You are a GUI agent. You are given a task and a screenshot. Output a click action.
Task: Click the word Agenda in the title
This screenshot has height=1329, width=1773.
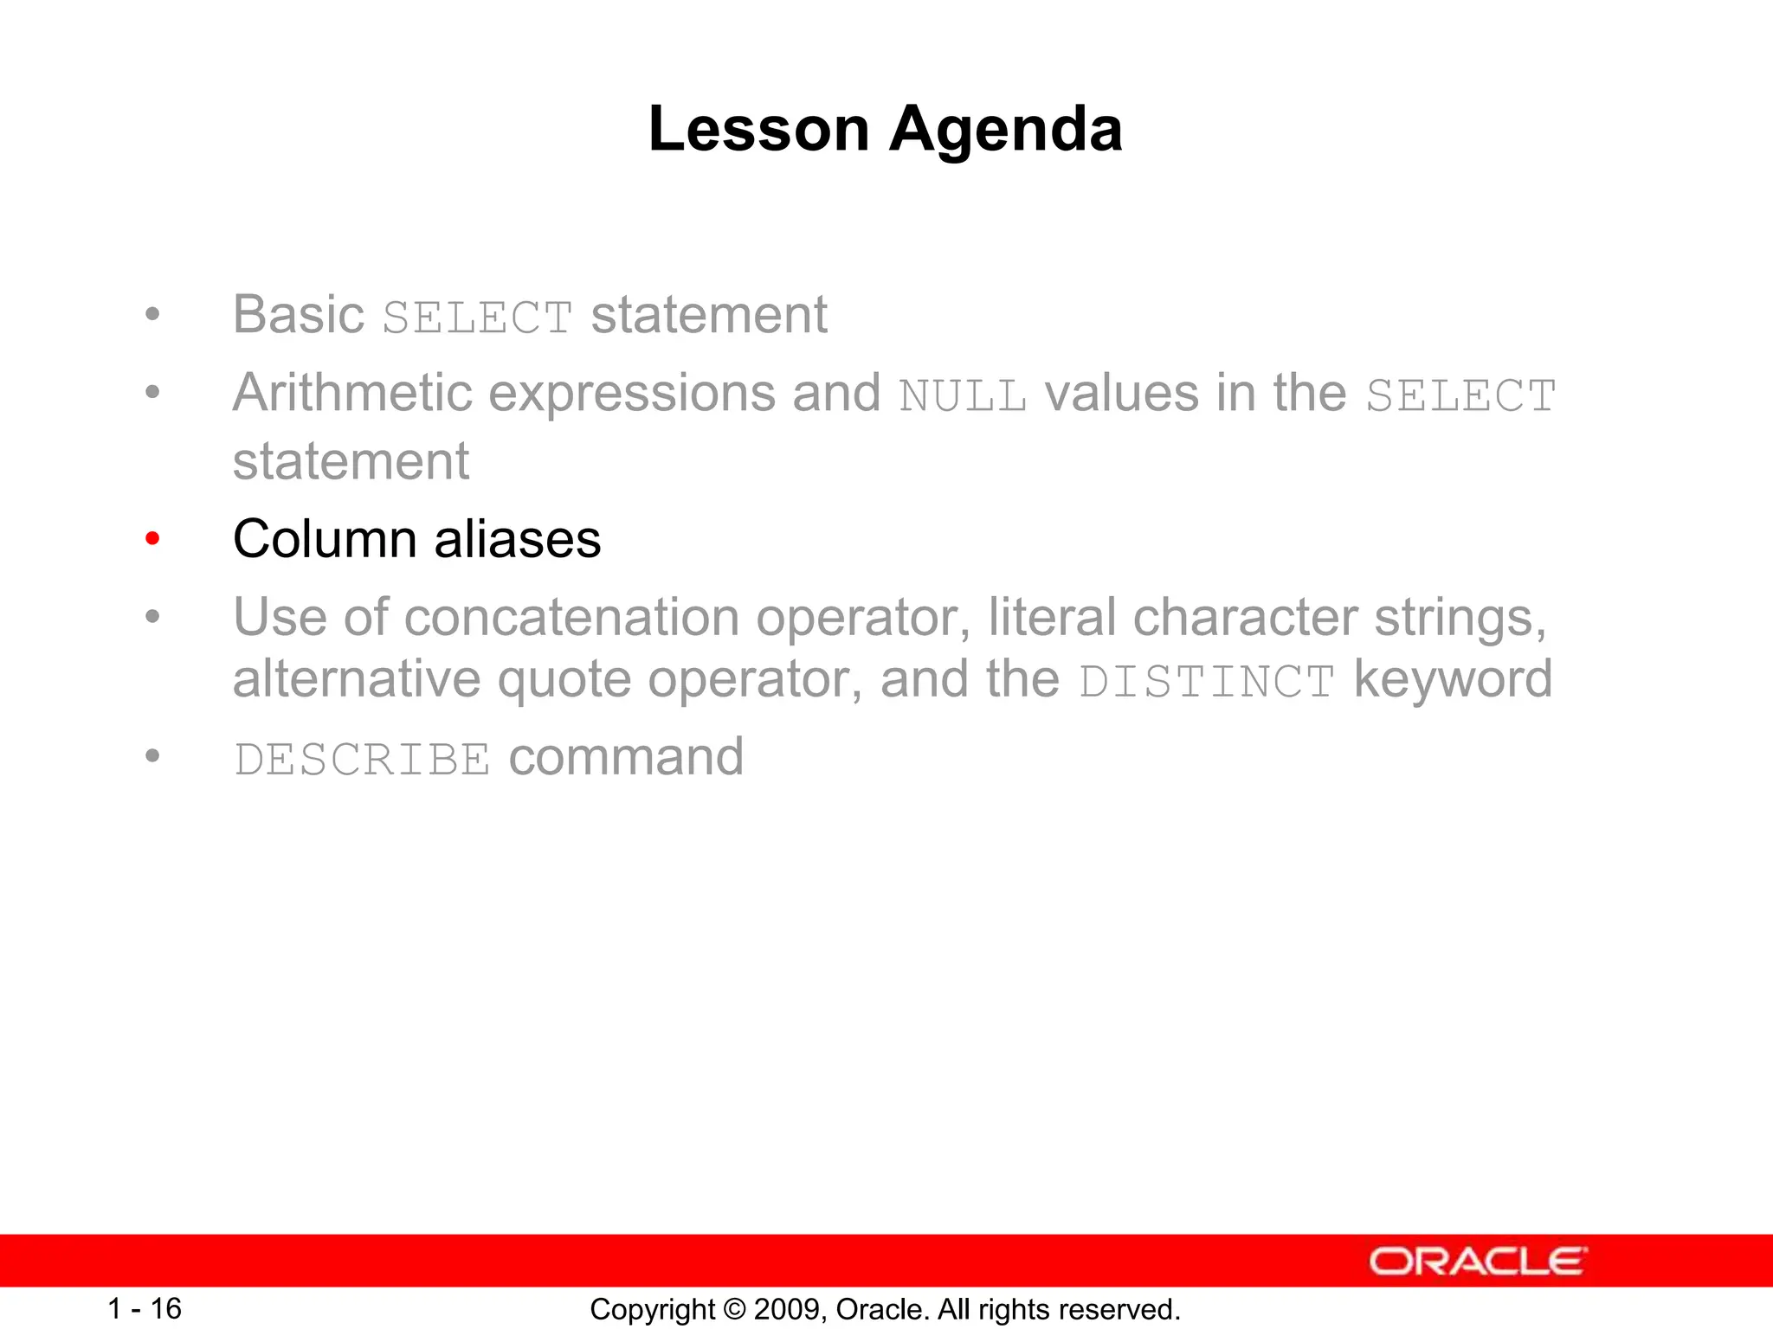coord(1006,129)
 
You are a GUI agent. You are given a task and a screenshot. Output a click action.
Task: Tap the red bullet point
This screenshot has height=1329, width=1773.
coord(153,539)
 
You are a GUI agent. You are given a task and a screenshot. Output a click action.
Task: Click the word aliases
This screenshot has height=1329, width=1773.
coord(517,539)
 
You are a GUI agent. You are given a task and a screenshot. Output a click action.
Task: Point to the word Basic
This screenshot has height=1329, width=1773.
coord(299,314)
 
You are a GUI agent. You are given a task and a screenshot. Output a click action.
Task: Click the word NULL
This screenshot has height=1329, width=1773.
coord(963,396)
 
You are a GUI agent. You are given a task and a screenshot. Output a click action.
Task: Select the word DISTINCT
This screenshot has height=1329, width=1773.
coord(1207,682)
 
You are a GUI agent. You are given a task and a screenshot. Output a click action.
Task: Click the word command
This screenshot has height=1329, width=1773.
coord(626,757)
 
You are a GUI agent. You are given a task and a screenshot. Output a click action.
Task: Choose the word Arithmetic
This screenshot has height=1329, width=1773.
coord(351,394)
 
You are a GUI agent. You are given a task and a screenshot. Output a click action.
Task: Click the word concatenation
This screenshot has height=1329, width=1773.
coord(571,618)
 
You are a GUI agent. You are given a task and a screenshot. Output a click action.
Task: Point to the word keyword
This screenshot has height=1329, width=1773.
coord(1453,680)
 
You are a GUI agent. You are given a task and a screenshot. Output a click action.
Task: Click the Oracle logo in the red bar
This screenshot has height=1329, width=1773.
coord(1478,1262)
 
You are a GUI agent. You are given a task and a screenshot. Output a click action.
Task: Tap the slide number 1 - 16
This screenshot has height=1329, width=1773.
coord(144,1308)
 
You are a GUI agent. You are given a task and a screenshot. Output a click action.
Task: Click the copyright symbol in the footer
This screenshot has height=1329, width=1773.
coord(735,1309)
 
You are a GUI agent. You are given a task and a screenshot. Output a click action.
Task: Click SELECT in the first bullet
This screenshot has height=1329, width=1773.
coord(477,318)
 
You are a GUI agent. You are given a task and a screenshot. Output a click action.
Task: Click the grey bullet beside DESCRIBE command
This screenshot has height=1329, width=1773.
coord(153,756)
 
